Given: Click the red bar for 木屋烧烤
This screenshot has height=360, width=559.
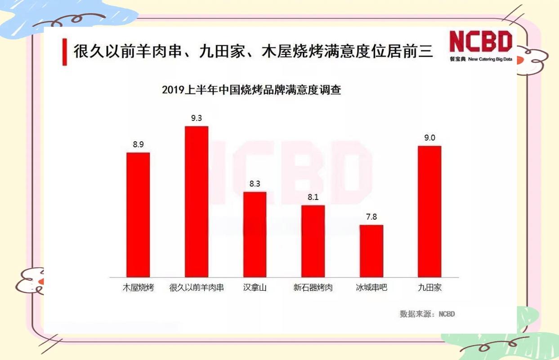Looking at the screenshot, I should click(138, 215).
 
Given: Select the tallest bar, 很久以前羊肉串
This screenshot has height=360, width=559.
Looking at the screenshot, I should click(197, 202).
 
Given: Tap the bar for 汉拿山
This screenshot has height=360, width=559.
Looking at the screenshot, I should click(255, 234).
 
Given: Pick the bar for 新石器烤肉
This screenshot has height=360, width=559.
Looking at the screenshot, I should click(313, 241).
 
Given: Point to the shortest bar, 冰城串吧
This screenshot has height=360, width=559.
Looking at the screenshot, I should click(371, 251).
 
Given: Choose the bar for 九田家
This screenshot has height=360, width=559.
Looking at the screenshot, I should click(429, 211).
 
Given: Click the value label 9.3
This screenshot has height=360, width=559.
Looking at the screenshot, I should click(197, 118).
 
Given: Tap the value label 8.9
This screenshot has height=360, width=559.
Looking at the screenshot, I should click(138, 144).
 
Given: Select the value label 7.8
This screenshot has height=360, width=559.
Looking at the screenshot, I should click(371, 217).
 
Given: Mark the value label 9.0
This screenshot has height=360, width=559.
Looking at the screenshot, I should click(429, 138).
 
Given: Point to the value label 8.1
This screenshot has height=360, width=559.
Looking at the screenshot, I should click(313, 197).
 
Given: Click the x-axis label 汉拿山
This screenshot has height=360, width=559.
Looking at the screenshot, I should click(255, 288).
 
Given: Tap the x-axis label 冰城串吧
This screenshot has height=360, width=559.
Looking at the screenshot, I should click(371, 288).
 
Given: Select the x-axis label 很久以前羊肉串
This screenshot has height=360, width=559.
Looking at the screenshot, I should click(197, 288).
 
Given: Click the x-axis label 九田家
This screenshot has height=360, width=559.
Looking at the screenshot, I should click(429, 288).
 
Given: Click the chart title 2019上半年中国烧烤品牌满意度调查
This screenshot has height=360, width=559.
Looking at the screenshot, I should click(251, 90).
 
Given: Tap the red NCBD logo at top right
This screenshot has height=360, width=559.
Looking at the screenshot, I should click(481, 42).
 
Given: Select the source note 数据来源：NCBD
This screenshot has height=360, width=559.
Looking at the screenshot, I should click(427, 314).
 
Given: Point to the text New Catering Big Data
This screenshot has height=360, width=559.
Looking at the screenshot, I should click(490, 59).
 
